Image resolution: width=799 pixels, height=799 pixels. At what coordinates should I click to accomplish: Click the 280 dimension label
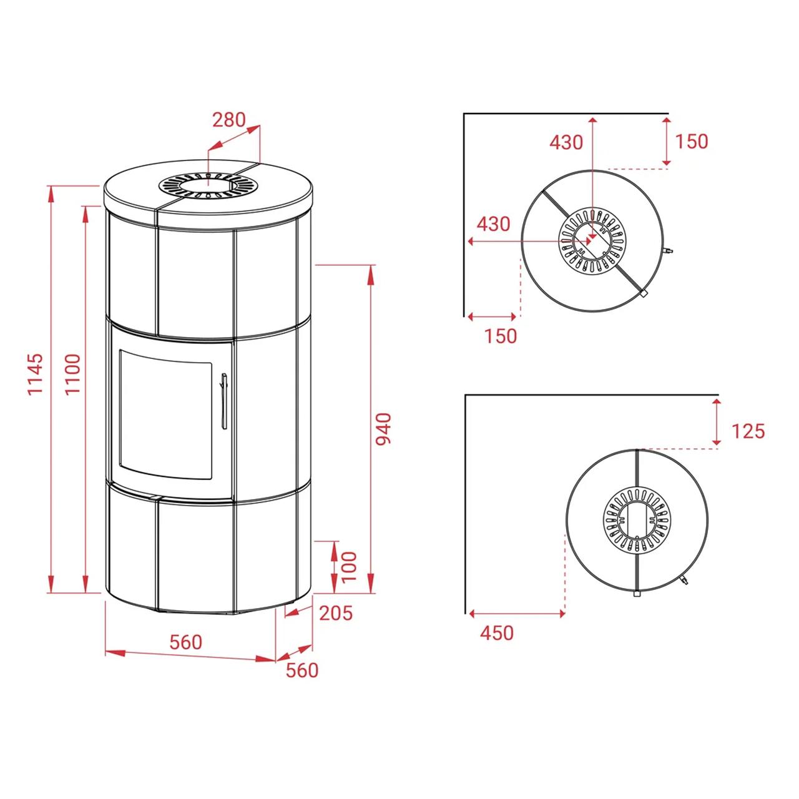229,120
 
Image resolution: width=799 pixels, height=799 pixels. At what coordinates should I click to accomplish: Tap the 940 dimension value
383,429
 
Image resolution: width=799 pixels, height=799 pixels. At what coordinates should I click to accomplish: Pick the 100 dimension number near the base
349,566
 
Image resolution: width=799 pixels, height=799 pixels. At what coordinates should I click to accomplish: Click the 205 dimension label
336,613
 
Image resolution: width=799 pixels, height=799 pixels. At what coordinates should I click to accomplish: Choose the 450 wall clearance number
497,645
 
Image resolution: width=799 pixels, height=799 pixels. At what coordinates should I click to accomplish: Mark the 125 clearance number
748,431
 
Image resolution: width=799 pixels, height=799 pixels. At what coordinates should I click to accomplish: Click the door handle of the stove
224,401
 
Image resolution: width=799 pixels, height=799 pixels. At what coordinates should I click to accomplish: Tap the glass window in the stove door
166,414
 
